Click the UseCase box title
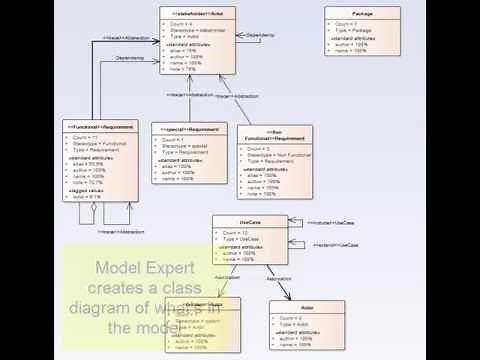pyautogui.click(x=250, y=221)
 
